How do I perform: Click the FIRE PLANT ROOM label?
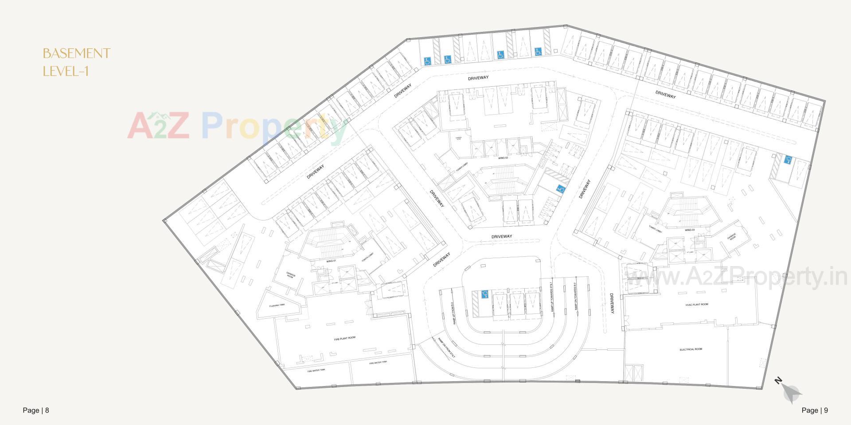tap(344, 338)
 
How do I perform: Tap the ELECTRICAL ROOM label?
tap(691, 349)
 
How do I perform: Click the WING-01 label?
tap(331, 261)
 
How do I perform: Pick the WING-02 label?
tap(502, 158)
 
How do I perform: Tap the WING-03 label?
tap(689, 230)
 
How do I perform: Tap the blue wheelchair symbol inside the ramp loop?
tap(484, 293)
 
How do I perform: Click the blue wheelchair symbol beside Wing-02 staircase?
tap(561, 189)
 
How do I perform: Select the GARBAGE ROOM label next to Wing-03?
tap(731, 237)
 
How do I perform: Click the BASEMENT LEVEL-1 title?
tap(76, 62)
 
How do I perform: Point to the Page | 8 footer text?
tap(36, 410)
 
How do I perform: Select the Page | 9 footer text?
tap(815, 410)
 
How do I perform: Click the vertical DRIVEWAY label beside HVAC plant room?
tap(612, 304)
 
